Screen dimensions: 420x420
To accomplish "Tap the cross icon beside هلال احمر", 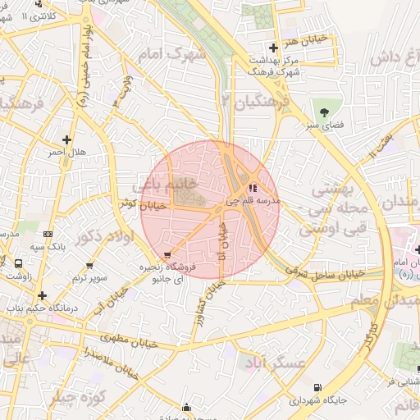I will point(66,139).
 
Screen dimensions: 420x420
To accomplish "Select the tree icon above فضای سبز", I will point(326,110).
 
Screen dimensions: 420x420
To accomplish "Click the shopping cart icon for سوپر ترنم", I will point(89,267).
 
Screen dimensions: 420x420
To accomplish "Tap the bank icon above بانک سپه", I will point(47,234).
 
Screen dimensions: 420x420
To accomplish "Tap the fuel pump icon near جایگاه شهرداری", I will point(317,386).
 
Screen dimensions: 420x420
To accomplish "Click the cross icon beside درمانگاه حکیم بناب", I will point(42,294).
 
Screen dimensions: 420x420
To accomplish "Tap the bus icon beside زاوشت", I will point(18,264).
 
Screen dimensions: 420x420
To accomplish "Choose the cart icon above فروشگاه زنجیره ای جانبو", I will point(167,256).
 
